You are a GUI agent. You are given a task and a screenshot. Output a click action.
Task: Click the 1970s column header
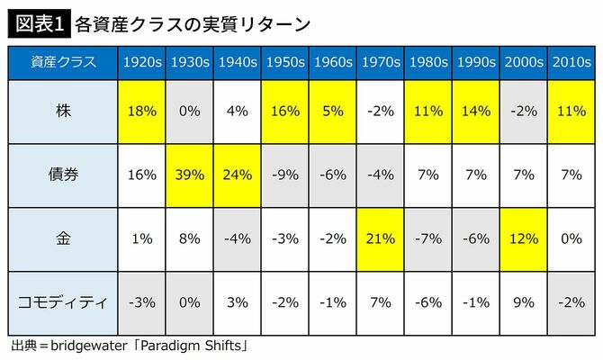[382, 62]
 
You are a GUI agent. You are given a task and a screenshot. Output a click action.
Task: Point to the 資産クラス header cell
[60, 62]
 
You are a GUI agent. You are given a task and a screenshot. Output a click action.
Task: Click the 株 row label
[60, 112]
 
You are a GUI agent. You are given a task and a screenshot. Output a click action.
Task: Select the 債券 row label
[60, 175]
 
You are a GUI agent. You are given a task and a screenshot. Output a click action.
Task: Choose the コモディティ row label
[60, 301]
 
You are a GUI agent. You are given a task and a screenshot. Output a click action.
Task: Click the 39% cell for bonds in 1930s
[190, 175]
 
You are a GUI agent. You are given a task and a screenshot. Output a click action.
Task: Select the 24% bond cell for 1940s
[238, 175]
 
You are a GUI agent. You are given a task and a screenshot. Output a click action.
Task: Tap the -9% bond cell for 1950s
[285, 175]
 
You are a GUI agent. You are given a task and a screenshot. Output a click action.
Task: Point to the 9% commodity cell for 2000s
[523, 301]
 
